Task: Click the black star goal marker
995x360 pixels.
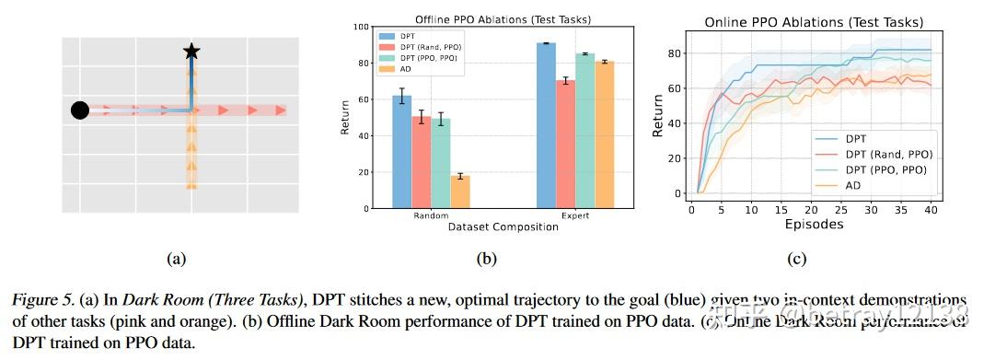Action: click(191, 52)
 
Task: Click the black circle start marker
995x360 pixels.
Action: click(80, 110)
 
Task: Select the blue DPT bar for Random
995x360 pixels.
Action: click(401, 152)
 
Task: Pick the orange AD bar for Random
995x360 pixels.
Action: click(459, 192)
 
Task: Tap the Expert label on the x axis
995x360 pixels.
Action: click(574, 217)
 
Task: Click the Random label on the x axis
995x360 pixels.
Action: click(430, 217)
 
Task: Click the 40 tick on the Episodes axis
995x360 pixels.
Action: click(931, 209)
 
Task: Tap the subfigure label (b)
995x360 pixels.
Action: click(486, 260)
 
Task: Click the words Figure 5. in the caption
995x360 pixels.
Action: click(42, 300)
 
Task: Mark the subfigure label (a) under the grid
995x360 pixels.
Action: click(176, 260)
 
